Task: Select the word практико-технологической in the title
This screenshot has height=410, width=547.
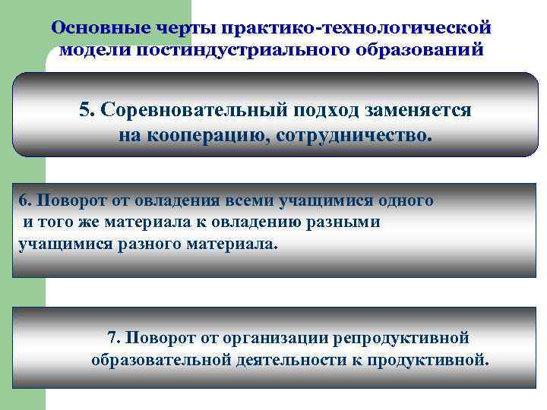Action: (355, 27)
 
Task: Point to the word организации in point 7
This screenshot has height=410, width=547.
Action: (275, 337)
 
